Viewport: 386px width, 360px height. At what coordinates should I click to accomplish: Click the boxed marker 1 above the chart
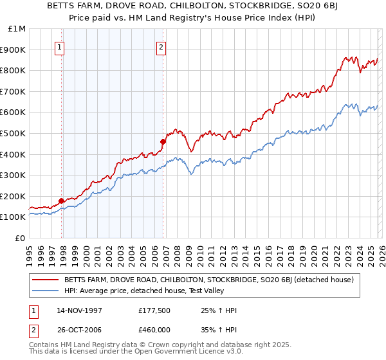pyautogui.click(x=59, y=46)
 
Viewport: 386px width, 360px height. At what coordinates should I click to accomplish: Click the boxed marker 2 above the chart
pyautogui.click(x=160, y=46)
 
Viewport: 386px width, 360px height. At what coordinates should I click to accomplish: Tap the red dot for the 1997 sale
pyautogui.click(x=62, y=201)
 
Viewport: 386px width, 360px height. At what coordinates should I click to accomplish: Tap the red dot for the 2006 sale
pyautogui.click(x=163, y=141)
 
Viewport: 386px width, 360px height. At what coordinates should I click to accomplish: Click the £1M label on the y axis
pyautogui.click(x=17, y=28)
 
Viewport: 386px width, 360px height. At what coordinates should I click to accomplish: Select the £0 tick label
pyautogui.click(x=21, y=238)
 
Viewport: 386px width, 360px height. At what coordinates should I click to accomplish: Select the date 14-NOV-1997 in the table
pyautogui.click(x=78, y=310)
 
